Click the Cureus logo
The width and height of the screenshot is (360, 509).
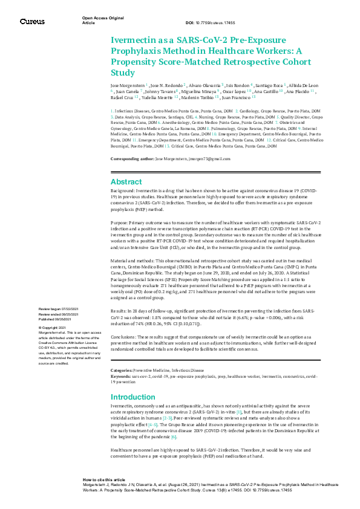point(32,21)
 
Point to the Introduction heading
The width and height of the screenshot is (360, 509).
point(133,397)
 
